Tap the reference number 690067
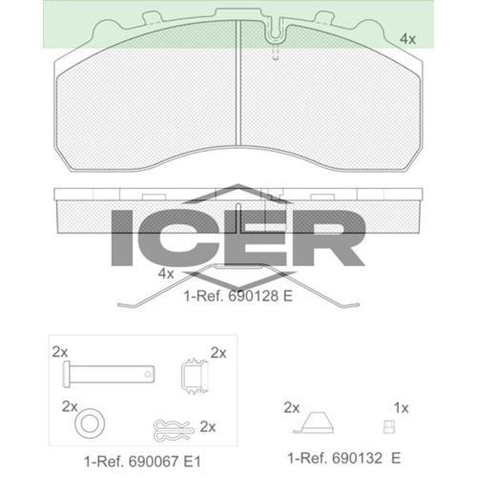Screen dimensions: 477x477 (154, 462)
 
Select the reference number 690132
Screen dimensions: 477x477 (358, 458)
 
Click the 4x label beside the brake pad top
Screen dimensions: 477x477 (407, 39)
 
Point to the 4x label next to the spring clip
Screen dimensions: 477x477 (166, 274)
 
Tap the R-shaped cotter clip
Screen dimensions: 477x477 (174, 430)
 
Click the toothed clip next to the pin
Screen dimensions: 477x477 (195, 376)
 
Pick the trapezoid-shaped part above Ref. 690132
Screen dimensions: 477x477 (314, 423)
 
